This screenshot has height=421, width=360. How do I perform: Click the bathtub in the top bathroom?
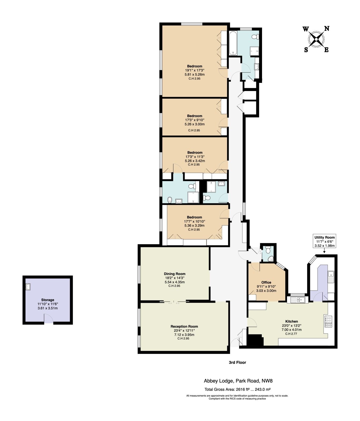(233, 43)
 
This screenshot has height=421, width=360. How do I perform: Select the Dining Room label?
(175, 274)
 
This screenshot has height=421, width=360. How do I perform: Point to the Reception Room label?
(184, 326)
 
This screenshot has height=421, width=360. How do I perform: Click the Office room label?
(266, 282)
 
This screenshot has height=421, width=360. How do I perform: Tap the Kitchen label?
(292, 321)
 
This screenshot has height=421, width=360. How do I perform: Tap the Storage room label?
(47, 300)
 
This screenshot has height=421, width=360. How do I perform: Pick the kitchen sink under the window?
(299, 299)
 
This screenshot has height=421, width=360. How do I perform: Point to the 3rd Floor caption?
(237, 362)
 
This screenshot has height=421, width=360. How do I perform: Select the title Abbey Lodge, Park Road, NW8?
(236, 380)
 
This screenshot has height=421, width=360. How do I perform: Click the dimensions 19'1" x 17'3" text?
(195, 70)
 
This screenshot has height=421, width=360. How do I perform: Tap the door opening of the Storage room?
(48, 322)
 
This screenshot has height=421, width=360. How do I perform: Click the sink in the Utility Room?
(331, 277)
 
